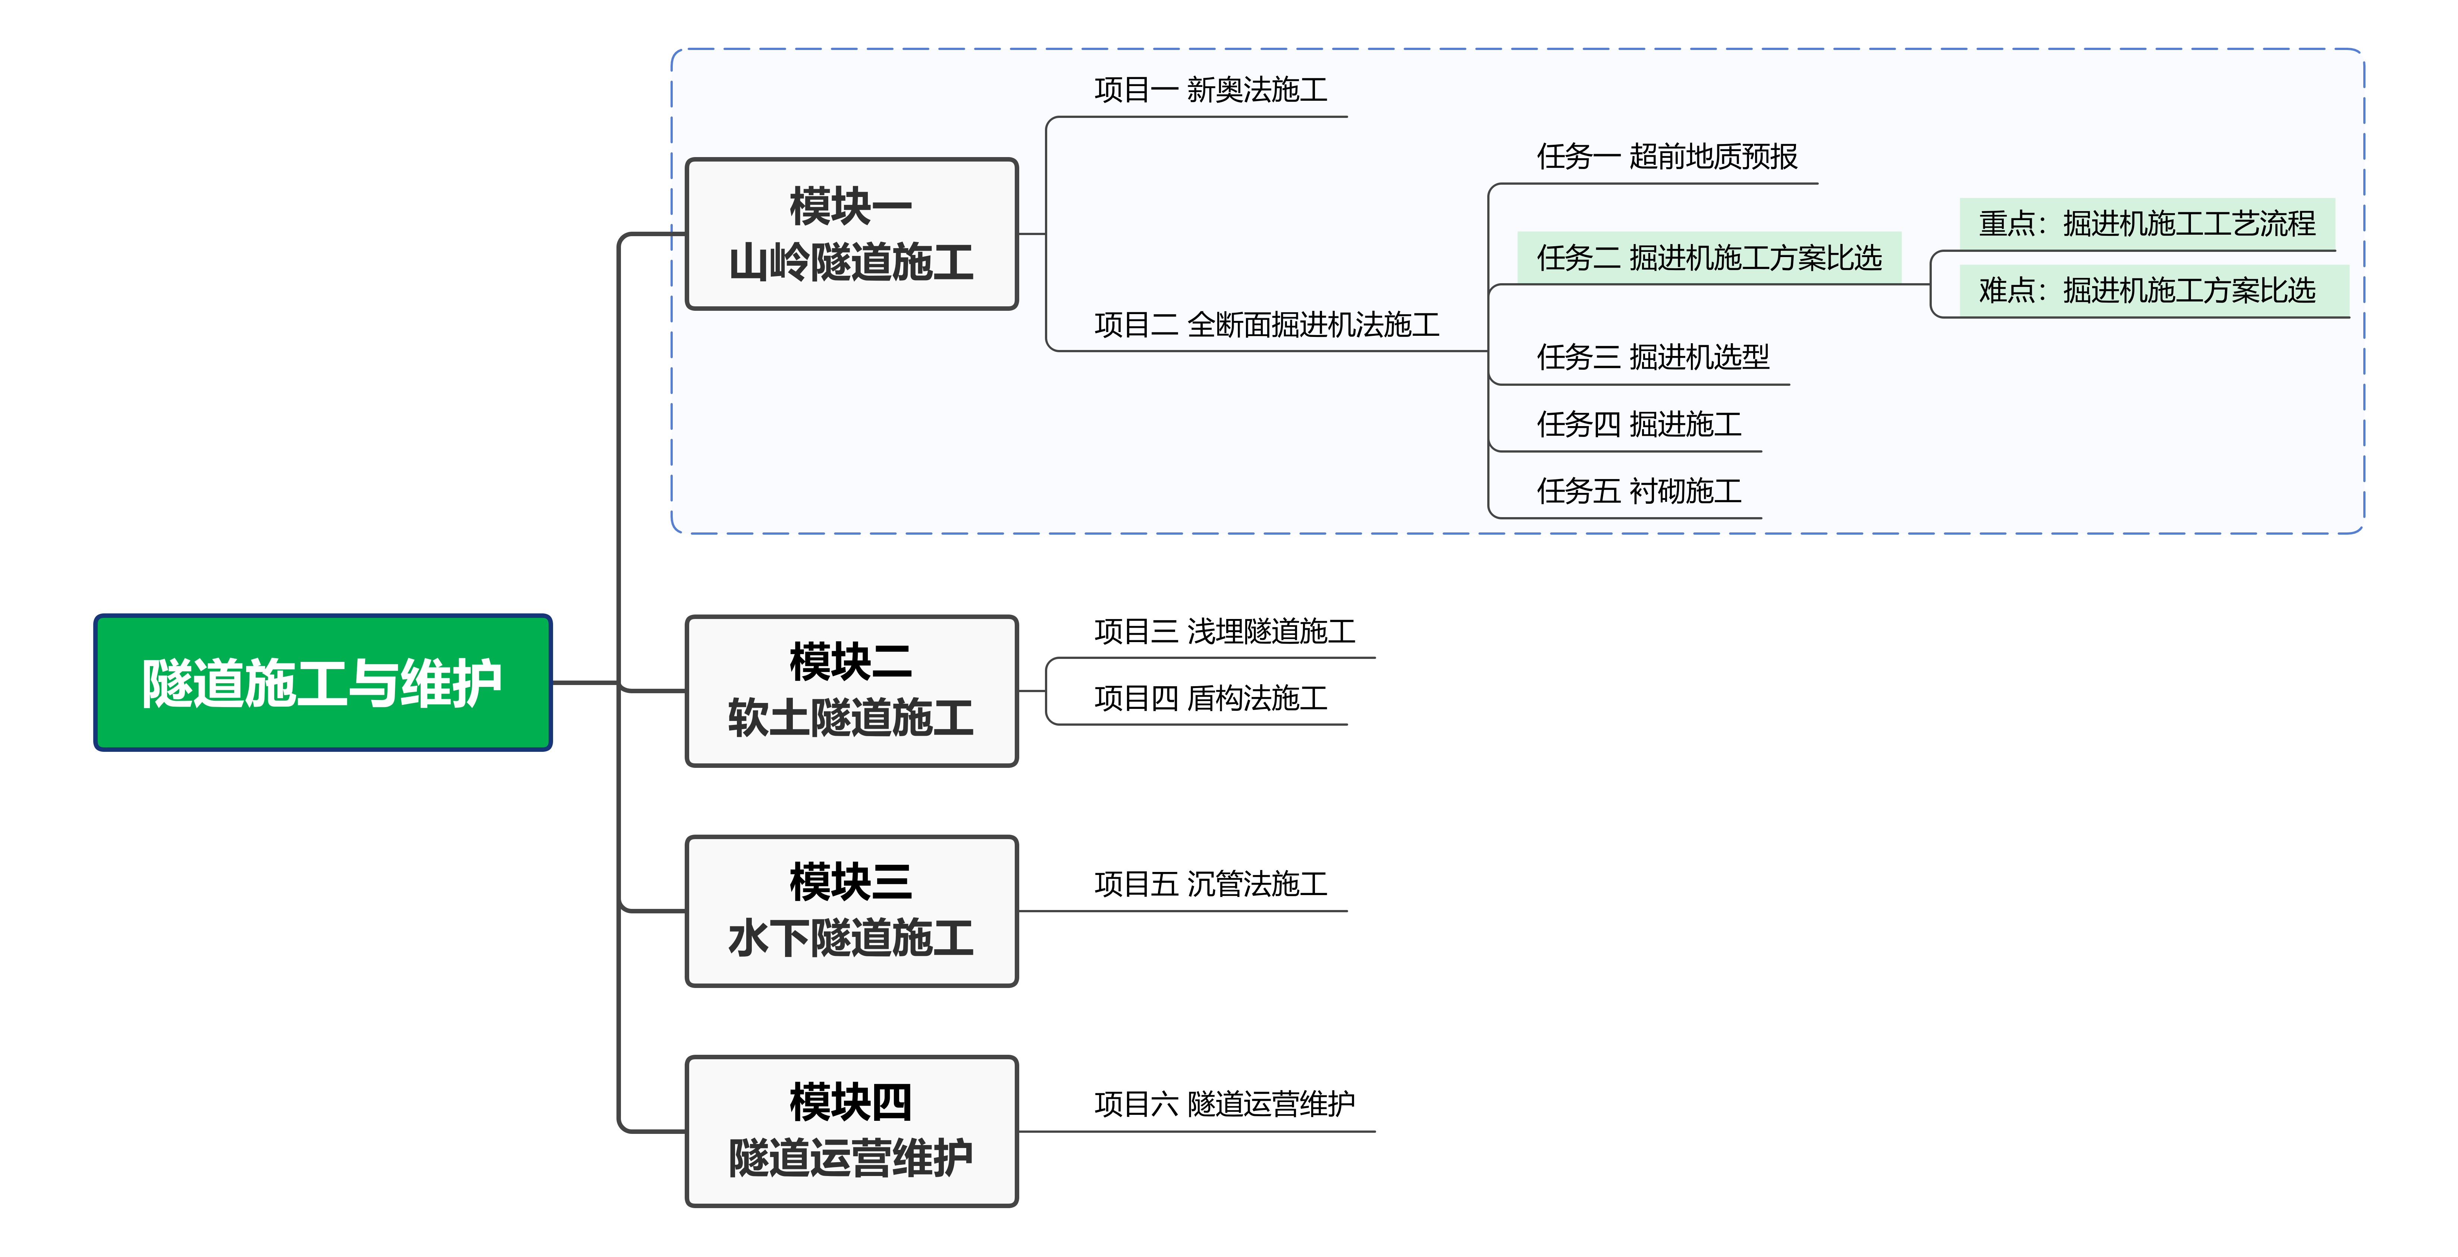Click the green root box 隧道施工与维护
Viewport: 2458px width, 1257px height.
[323, 682]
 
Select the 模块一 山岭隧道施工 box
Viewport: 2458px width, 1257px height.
[851, 234]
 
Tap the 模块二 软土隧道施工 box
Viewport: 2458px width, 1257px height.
[851, 690]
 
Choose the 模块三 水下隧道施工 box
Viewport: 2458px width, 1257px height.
[851, 910]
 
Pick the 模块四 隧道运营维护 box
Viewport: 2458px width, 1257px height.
[851, 1131]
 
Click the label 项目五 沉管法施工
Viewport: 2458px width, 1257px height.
[1210, 884]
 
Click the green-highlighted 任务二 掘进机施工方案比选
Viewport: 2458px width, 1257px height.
[1708, 258]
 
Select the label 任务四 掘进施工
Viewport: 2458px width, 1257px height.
[1638, 424]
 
